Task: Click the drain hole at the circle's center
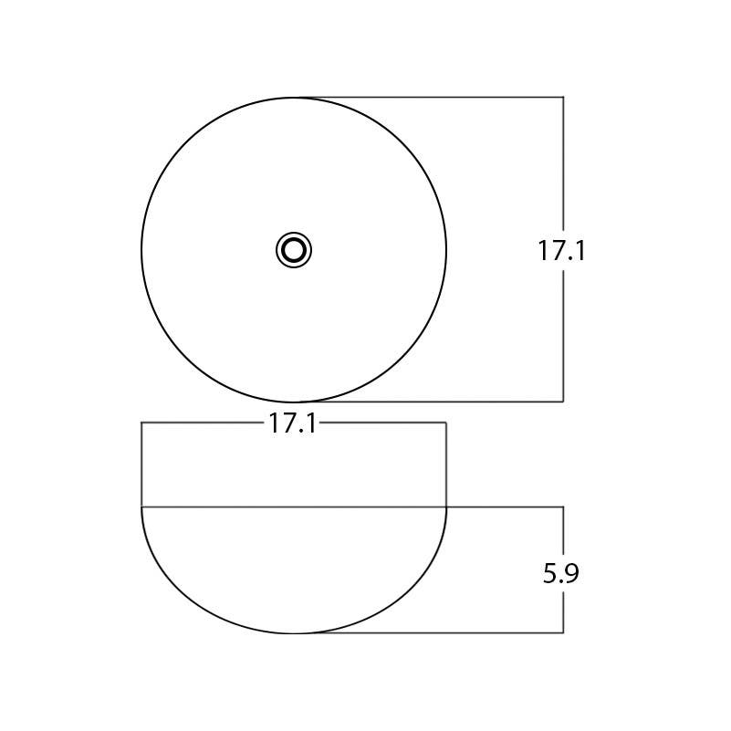pos(294,249)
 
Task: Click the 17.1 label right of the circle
pos(561,251)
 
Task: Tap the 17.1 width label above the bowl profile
pos(293,423)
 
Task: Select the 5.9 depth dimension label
pos(561,574)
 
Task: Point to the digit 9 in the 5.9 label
pos(572,574)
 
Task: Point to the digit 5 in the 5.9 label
pos(550,574)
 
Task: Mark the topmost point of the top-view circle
pos(294,97)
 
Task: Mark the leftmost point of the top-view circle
pos(141,249)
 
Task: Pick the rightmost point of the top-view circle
pos(446,249)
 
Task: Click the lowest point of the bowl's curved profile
pos(294,632)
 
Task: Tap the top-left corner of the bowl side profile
pos(141,506)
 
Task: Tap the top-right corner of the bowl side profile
pos(446,506)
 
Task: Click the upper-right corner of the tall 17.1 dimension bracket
pos(563,97)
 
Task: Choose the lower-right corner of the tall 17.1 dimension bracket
pos(563,402)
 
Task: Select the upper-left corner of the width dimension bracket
pos(141,423)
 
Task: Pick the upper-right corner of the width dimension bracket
pos(446,423)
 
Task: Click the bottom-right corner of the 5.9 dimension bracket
pos(563,632)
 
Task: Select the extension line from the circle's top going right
pos(429,97)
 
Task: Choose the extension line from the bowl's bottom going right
pos(429,632)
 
